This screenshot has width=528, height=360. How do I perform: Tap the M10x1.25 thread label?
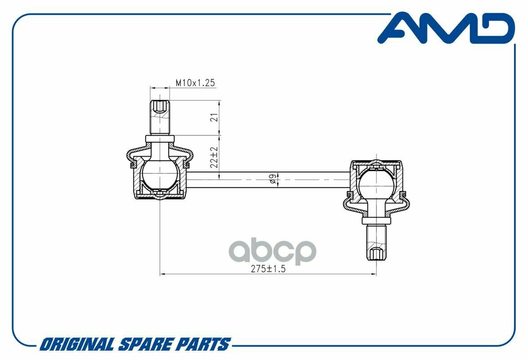[x=195, y=83]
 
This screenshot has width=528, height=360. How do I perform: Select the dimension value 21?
[x=214, y=117]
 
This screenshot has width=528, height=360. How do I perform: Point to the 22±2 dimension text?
[x=214, y=157]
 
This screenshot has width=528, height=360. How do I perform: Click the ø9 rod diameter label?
[x=273, y=179]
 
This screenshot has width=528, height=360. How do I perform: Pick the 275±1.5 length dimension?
[x=268, y=269]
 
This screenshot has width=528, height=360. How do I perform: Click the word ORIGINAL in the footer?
[x=77, y=345]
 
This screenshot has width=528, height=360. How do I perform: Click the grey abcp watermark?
[x=273, y=251]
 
